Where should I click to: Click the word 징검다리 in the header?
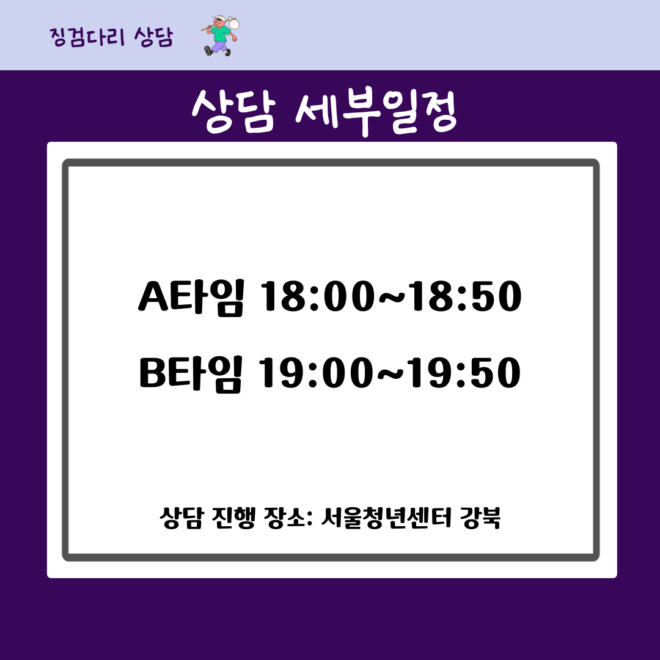tap(87, 37)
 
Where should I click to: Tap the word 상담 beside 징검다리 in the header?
tap(153, 37)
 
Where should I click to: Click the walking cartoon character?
tap(221, 36)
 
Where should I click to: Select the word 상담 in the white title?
tap(233, 111)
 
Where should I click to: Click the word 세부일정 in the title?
tap(376, 111)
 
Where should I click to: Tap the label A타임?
tap(191, 297)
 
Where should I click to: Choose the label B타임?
tap(191, 374)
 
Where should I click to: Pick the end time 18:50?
tap(466, 297)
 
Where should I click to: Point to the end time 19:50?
tap(464, 373)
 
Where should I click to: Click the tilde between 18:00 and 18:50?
tap(392, 297)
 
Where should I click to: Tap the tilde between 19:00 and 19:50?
tap(390, 374)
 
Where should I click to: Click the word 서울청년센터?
tap(386, 518)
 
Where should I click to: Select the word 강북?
tap(480, 518)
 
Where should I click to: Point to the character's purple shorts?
tap(218, 46)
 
